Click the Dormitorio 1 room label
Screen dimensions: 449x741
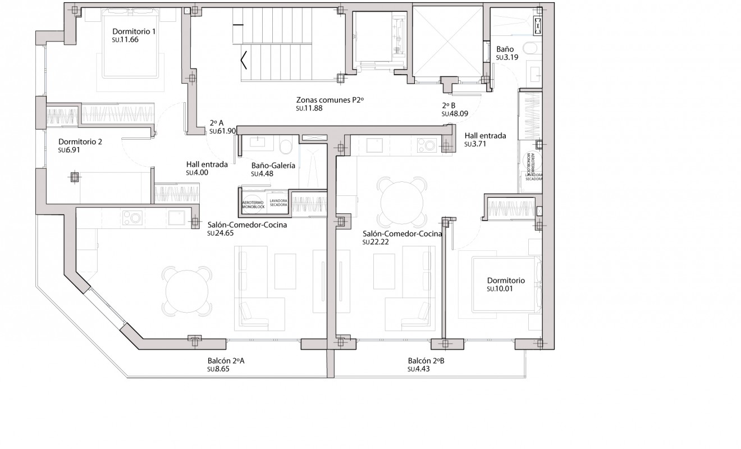(x=134, y=31)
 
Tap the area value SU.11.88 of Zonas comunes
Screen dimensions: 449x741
(x=309, y=108)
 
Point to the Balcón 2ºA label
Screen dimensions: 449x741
(x=226, y=361)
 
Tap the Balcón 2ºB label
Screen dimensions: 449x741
(x=426, y=361)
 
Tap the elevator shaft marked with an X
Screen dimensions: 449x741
(x=447, y=41)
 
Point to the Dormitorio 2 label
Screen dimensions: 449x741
(x=80, y=142)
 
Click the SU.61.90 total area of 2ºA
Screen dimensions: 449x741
(x=222, y=131)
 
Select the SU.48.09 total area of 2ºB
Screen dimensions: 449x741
(x=455, y=113)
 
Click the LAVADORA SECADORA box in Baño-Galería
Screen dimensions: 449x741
(x=278, y=203)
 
